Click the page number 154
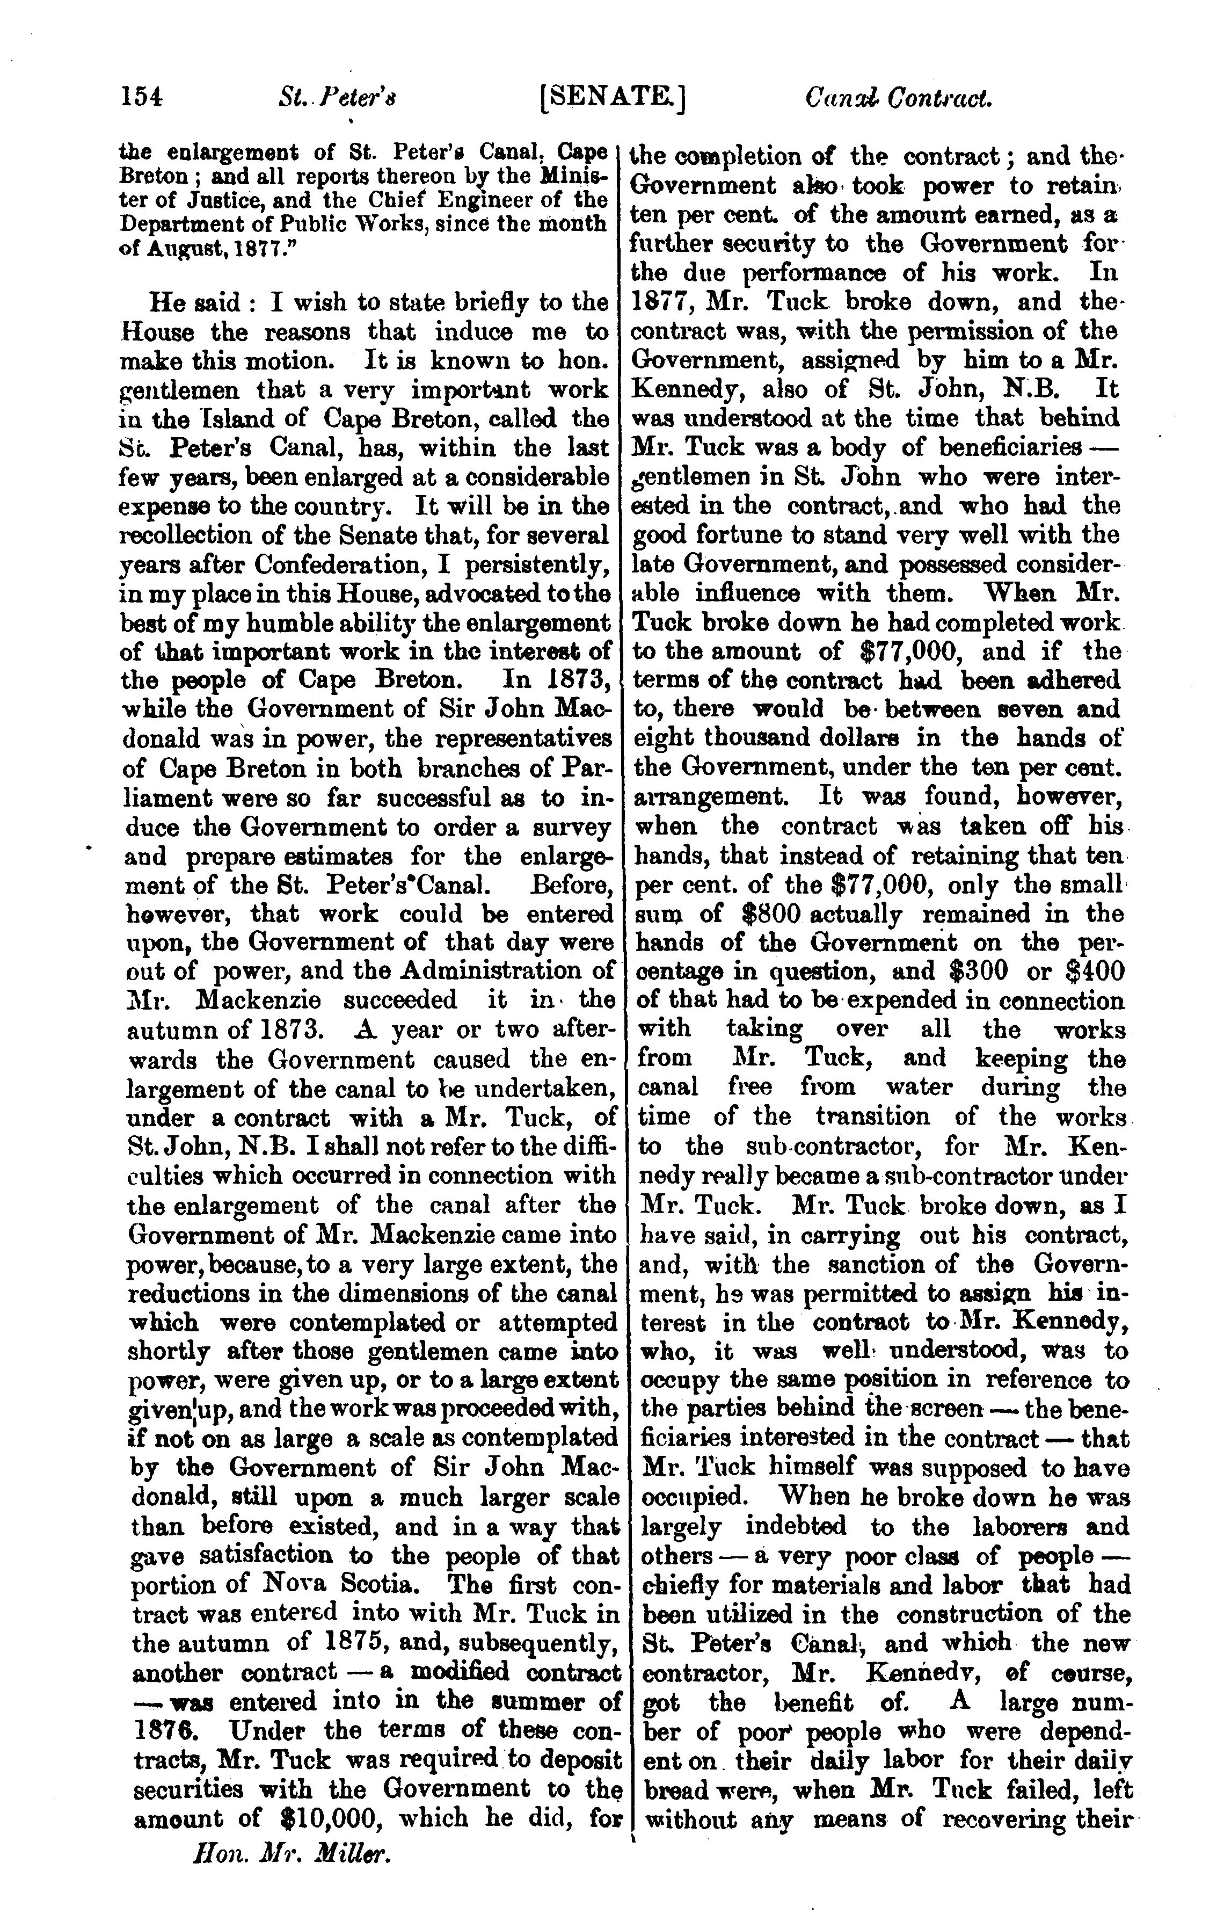click(142, 98)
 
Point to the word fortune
click(748, 535)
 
